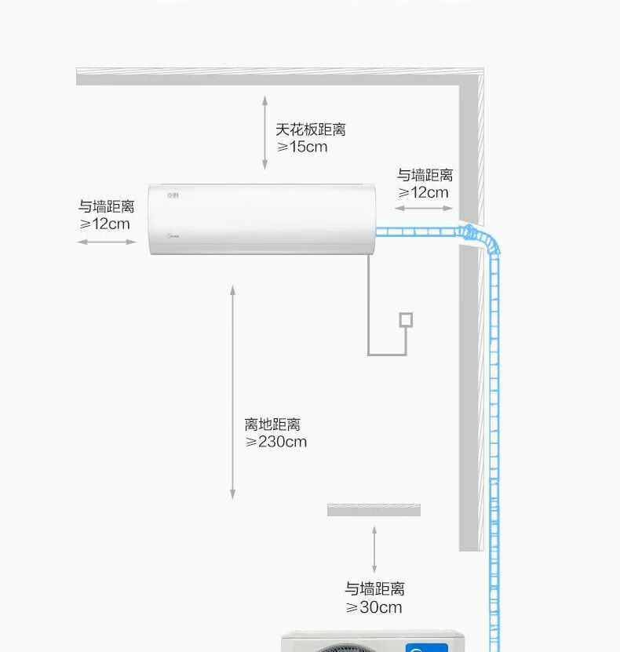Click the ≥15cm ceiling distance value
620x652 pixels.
coord(302,147)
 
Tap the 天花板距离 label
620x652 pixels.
coord(310,129)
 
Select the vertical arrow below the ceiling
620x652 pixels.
coord(265,132)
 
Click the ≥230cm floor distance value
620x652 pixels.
coord(276,442)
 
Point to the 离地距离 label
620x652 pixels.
coord(272,424)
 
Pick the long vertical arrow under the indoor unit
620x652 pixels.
coord(232,392)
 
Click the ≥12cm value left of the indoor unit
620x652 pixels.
coord(104,224)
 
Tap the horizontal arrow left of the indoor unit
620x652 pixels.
coord(107,242)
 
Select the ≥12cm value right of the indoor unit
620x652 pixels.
coord(424,192)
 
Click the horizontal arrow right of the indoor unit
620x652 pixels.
coord(424,208)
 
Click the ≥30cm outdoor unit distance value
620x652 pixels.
coord(374,607)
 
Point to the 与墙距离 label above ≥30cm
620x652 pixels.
coord(374,589)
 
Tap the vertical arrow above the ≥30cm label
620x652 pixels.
coord(374,549)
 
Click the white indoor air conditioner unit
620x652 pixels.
coord(262,219)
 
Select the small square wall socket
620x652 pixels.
coord(406,319)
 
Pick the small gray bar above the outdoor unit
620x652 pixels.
coord(374,510)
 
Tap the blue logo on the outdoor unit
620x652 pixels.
coord(426,647)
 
